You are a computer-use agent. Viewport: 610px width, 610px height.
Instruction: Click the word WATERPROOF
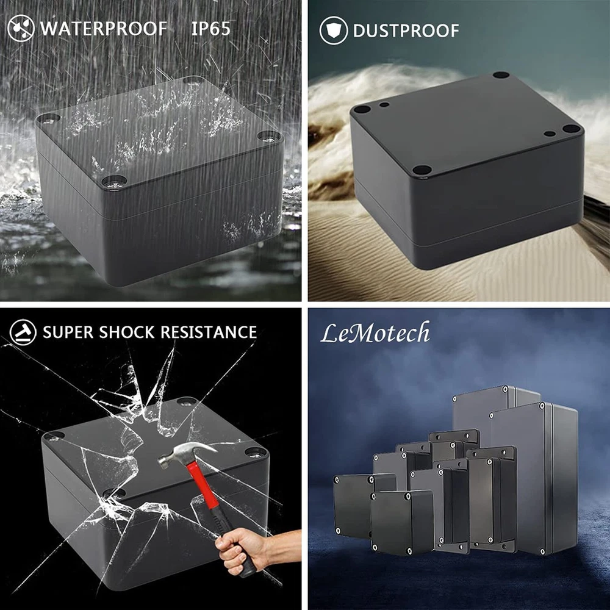click(x=104, y=29)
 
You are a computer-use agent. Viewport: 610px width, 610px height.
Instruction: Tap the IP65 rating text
click(x=211, y=29)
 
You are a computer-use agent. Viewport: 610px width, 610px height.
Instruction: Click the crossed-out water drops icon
click(x=21, y=29)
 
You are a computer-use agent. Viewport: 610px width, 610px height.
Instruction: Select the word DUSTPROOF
click(x=406, y=31)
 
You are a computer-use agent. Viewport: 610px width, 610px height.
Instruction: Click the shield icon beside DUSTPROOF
click(x=334, y=30)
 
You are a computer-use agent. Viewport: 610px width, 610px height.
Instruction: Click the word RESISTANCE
click(x=209, y=332)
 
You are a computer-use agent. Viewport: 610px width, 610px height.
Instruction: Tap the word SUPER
click(x=68, y=332)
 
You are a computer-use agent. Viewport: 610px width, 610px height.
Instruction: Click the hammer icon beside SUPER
click(x=23, y=332)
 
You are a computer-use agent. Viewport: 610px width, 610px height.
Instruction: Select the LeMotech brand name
click(x=375, y=333)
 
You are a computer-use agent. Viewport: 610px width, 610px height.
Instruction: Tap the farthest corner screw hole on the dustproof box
click(x=501, y=75)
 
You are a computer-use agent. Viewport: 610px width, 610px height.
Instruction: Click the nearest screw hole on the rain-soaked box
click(x=115, y=181)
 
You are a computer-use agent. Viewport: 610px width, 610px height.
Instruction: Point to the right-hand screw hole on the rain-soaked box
click(x=270, y=136)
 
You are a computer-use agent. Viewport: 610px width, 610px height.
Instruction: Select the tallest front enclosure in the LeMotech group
click(x=533, y=478)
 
